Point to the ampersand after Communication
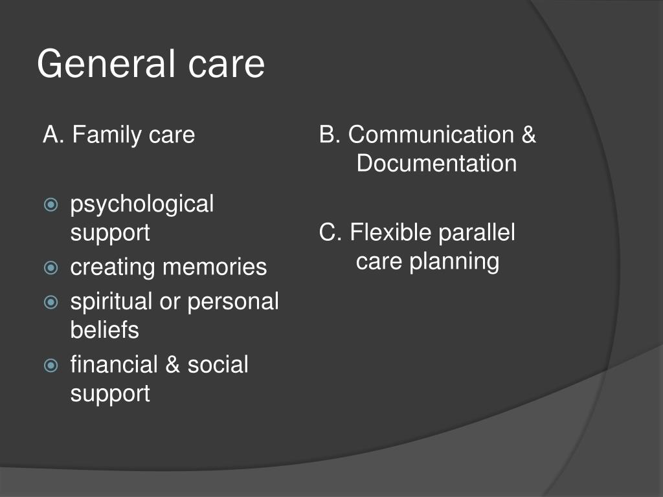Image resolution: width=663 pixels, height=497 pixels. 528,135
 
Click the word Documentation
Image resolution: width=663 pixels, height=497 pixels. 436,164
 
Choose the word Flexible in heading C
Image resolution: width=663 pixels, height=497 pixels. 390,233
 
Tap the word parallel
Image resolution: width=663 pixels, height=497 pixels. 477,233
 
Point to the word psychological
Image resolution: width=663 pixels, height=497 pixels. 142,205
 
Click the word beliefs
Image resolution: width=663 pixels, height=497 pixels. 104,330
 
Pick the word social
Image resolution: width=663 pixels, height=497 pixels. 218,365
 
